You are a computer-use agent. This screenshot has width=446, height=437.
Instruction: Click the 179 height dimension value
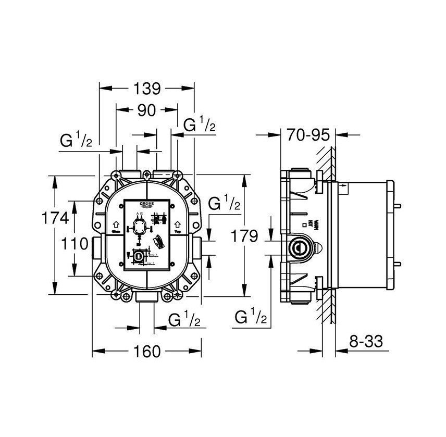click(x=245, y=236)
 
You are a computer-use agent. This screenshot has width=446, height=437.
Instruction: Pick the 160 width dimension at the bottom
click(x=146, y=352)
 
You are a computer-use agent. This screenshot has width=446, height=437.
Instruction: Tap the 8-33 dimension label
click(x=366, y=342)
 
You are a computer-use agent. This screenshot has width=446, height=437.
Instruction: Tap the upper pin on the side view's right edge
click(x=398, y=205)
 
